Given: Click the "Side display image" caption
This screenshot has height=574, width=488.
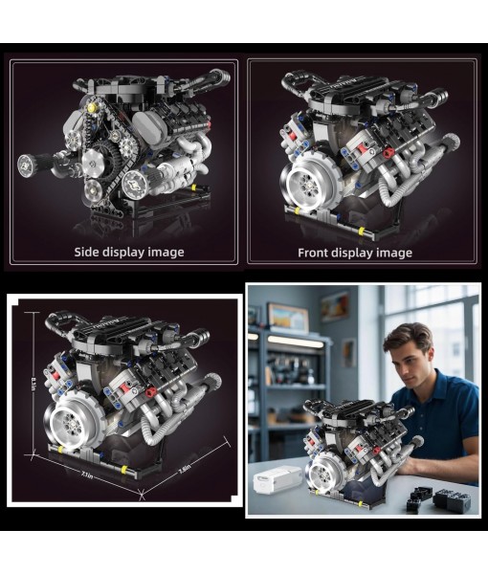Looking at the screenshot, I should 129,253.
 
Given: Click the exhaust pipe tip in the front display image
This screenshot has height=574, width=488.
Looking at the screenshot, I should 442,96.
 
